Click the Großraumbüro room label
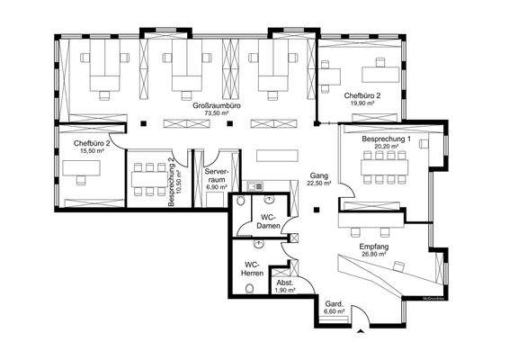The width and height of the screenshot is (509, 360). [x=216, y=106]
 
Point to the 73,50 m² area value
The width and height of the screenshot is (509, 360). [x=216, y=114]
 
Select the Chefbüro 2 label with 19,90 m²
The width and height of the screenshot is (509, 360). [x=362, y=94]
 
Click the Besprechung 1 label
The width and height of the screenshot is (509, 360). [x=386, y=140]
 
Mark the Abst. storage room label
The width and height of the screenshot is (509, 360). [x=285, y=283]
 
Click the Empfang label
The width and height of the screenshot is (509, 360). [x=372, y=246]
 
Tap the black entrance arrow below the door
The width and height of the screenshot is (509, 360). [x=361, y=332]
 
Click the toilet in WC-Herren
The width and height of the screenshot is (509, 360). [x=249, y=290]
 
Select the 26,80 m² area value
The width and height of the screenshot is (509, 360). [x=372, y=255]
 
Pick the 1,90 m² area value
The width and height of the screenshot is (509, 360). [x=285, y=292]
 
